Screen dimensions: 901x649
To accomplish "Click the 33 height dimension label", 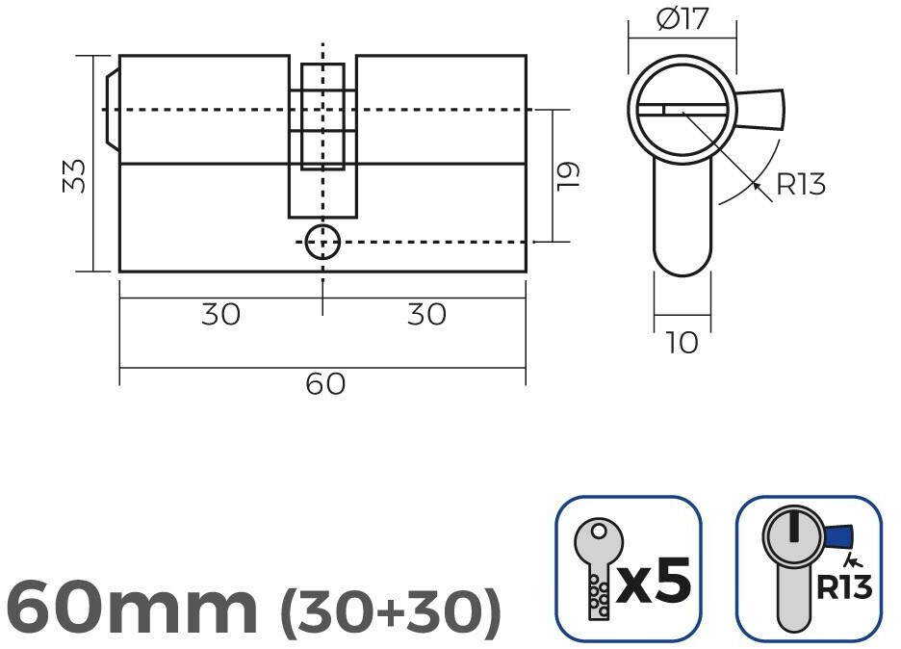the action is [74, 176].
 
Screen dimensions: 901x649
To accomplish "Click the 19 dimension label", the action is [568, 176].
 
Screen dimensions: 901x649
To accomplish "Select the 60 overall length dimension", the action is [325, 383].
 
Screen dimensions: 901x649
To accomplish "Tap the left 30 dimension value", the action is [220, 315].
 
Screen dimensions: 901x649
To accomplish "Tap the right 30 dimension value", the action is [426, 315].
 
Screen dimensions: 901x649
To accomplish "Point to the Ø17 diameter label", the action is [682, 18].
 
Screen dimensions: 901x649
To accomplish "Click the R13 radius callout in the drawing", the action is [801, 184].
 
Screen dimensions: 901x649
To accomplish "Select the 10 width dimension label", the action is [682, 343].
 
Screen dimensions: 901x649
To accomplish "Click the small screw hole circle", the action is [322, 242].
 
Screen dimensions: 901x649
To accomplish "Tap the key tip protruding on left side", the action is [112, 109].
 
